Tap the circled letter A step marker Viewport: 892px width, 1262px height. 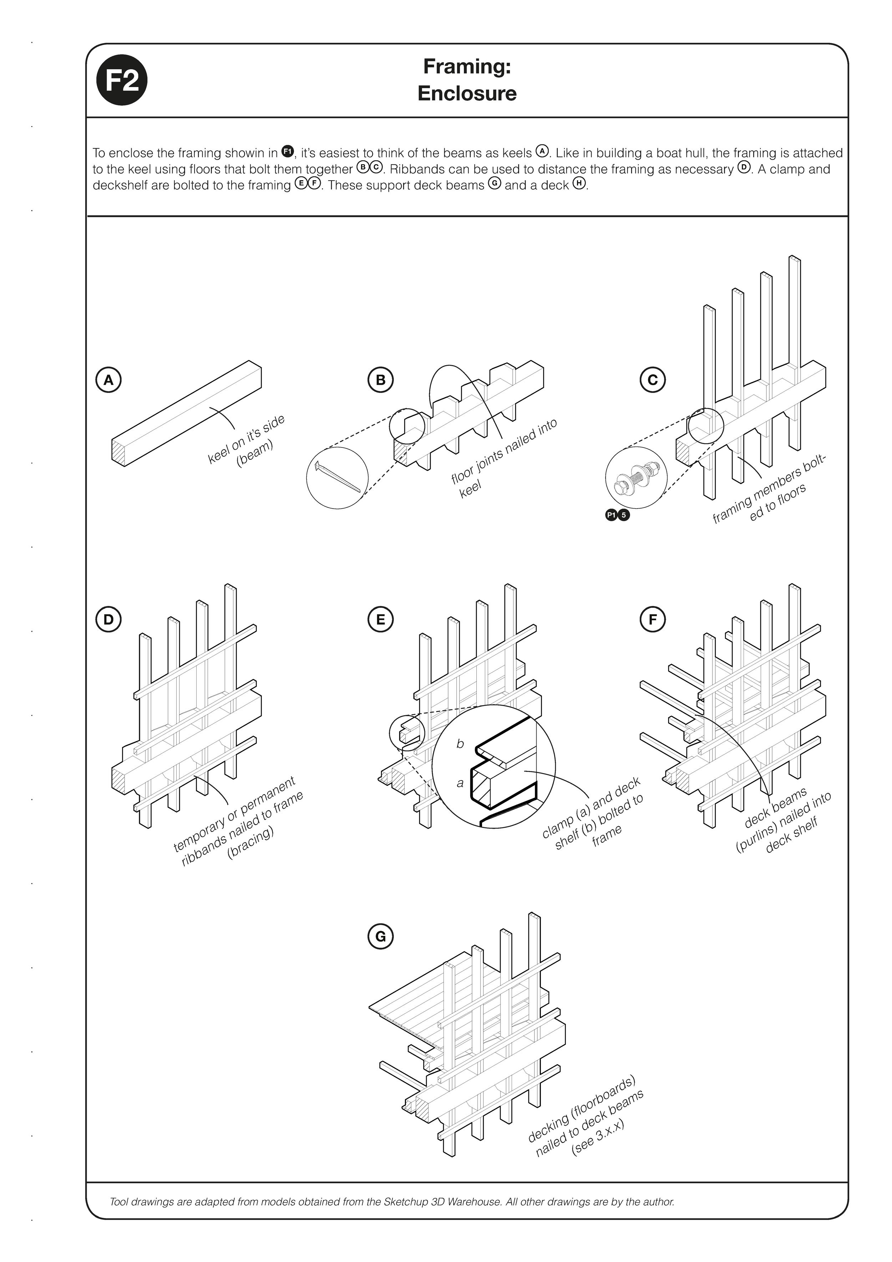coord(108,380)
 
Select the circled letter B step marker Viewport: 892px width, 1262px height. coord(380,380)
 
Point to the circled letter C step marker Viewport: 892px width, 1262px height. coord(652,380)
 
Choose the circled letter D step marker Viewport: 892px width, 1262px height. coord(108,620)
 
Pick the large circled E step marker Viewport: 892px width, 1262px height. coord(380,620)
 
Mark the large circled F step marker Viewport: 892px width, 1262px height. coord(652,620)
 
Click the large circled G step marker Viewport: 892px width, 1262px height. coord(380,937)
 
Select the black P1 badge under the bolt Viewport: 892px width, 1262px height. coord(611,515)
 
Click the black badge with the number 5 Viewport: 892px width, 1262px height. coord(624,515)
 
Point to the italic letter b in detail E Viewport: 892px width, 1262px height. coord(461,744)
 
